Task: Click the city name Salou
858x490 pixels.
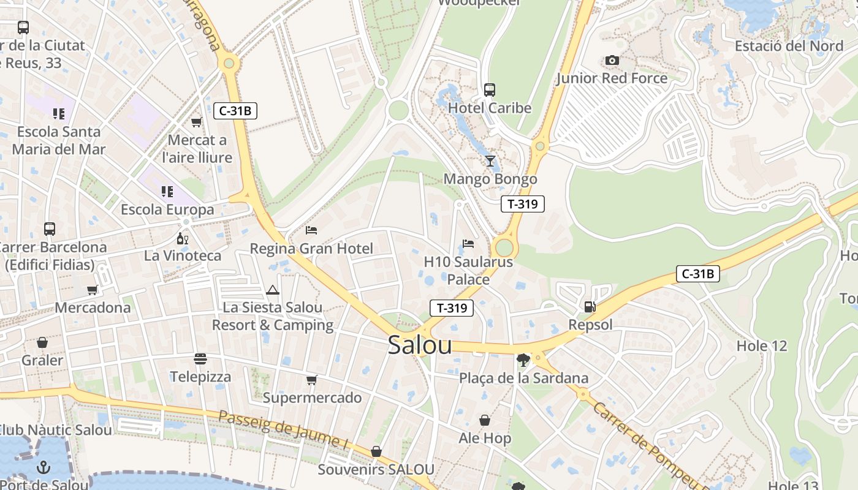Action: pyautogui.click(x=420, y=345)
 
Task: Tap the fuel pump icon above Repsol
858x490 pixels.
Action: pyautogui.click(x=590, y=307)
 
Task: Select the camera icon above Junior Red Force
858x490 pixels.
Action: pyautogui.click(x=612, y=60)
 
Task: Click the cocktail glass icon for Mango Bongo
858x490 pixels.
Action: pyautogui.click(x=490, y=161)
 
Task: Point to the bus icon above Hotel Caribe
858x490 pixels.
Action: pyautogui.click(x=489, y=90)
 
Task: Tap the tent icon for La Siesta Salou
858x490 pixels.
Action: pyautogui.click(x=273, y=290)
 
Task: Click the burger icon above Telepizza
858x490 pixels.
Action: pyautogui.click(x=200, y=358)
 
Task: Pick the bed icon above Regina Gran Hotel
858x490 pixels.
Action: pyautogui.click(x=311, y=230)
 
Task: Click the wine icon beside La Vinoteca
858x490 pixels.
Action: pyautogui.click(x=182, y=238)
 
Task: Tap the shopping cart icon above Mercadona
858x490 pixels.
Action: pyautogui.click(x=92, y=290)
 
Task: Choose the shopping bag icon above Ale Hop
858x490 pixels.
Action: pyautogui.click(x=485, y=420)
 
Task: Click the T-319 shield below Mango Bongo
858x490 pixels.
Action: pyautogui.click(x=522, y=204)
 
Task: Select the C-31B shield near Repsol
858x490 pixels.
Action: pyautogui.click(x=697, y=274)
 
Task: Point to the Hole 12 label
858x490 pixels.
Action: pyautogui.click(x=761, y=346)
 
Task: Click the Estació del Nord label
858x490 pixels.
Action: pyautogui.click(x=789, y=46)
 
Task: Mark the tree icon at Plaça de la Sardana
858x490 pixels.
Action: pyautogui.click(x=523, y=360)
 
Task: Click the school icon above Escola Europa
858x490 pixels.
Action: pyautogui.click(x=167, y=192)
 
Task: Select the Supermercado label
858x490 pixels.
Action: pyautogui.click(x=312, y=398)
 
